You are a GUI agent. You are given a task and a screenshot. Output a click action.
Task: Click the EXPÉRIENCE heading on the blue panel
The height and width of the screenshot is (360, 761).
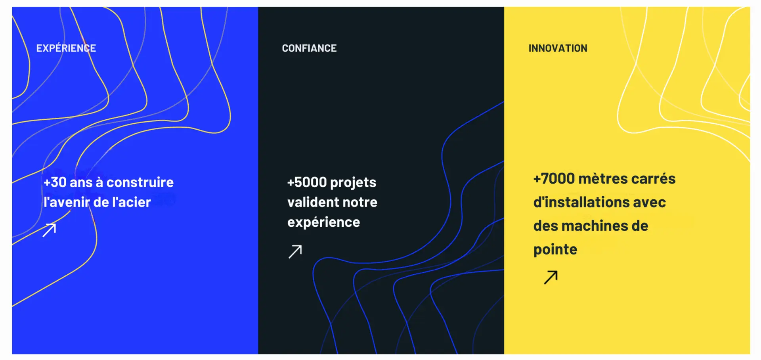coord(66,48)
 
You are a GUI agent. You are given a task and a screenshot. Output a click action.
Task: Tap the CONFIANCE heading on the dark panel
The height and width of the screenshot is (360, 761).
coord(309,48)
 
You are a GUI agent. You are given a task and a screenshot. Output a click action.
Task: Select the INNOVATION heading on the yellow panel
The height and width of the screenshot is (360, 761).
coord(558,48)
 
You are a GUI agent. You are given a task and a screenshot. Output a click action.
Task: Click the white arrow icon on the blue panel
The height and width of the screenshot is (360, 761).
coord(50,230)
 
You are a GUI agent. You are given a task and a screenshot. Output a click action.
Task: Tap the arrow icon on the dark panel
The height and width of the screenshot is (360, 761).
coord(295,251)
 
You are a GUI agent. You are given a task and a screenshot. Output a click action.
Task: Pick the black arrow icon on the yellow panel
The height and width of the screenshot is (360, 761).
coord(551,277)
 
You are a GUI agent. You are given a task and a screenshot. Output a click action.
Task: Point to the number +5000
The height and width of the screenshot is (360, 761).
coord(307,182)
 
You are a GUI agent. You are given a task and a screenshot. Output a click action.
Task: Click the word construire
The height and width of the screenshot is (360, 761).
coord(140,182)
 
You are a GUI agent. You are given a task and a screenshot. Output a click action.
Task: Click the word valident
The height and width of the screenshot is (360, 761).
coord(313,202)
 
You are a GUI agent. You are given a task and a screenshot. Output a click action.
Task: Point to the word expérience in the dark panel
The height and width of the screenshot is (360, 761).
coord(324,222)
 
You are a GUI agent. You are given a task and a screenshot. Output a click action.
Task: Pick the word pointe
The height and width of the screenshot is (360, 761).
coord(555,250)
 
